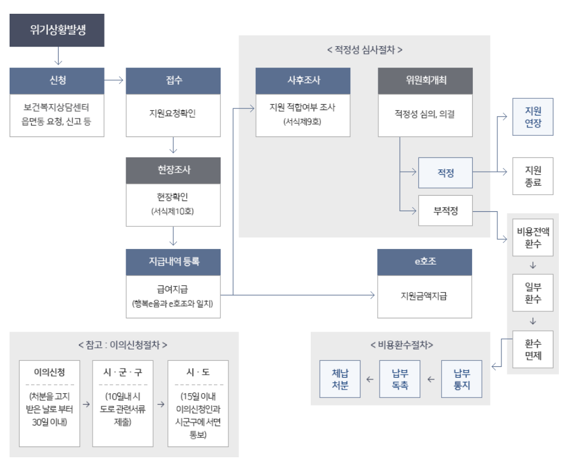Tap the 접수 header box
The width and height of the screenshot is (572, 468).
(173, 80)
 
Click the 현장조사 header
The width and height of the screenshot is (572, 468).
(173, 170)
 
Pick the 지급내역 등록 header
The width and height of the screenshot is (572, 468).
(173, 260)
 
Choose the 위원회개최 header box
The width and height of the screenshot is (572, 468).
(426, 80)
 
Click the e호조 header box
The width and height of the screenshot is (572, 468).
(426, 260)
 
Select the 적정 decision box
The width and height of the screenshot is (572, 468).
(445, 173)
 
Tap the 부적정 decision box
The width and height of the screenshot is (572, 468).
(445, 211)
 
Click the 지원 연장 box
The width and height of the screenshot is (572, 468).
(533, 116)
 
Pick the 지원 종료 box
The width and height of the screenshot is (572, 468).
(533, 176)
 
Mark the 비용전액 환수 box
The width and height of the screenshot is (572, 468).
(533, 238)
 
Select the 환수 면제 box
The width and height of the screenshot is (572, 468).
(533, 351)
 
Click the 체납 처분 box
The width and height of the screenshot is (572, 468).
(340, 379)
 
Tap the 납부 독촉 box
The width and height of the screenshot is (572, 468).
(400, 379)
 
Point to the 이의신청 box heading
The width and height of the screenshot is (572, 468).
(50, 372)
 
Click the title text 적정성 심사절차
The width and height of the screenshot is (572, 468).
(365, 50)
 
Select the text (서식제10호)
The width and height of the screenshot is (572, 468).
(173, 211)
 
